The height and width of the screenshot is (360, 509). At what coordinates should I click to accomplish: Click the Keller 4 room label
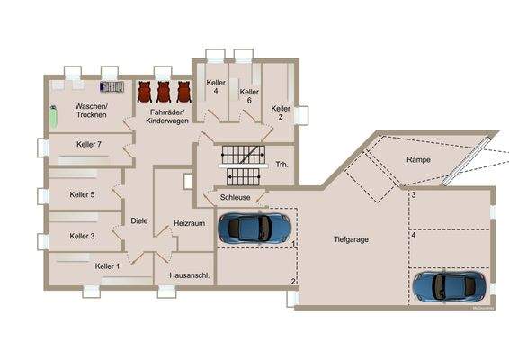pos(215,87)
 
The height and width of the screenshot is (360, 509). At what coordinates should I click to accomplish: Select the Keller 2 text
pos(281,112)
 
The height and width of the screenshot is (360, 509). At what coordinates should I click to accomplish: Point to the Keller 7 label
pos(89,144)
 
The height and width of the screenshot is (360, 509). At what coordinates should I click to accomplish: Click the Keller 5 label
pos(82,193)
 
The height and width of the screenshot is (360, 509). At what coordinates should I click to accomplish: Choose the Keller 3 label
pos(82,236)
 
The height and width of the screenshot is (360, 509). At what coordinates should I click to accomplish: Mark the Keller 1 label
pos(107,266)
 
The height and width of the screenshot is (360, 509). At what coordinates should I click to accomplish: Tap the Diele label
pos(138,220)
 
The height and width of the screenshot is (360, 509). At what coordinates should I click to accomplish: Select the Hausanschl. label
pos(183,289)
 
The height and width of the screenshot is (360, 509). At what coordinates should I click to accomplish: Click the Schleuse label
pos(236,197)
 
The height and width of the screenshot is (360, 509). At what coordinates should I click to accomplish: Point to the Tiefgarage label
pos(352,239)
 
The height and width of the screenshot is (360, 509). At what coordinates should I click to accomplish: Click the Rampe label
pos(418,159)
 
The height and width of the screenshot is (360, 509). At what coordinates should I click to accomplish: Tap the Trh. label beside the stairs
pos(281,164)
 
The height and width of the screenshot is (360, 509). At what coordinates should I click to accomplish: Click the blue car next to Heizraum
pos(254,228)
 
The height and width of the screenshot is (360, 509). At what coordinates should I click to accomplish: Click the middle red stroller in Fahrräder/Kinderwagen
pos(164,92)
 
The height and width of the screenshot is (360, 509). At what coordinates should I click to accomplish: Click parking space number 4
pos(413,236)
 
